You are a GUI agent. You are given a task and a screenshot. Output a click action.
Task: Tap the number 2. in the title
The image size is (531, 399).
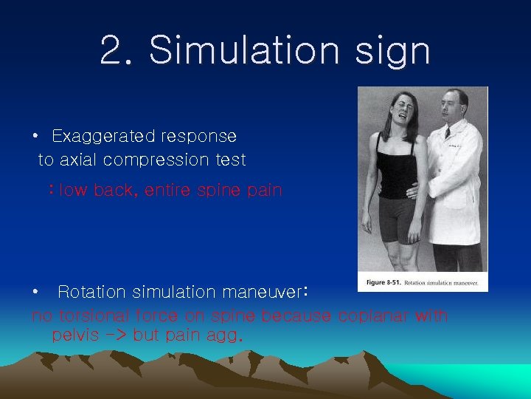click(117, 50)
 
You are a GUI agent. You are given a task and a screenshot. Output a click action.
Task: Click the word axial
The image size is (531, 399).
click(77, 160)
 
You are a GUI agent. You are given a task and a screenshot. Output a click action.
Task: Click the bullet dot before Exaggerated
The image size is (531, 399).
click(35, 137)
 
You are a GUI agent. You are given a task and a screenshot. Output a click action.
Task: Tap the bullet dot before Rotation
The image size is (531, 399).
click(35, 293)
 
